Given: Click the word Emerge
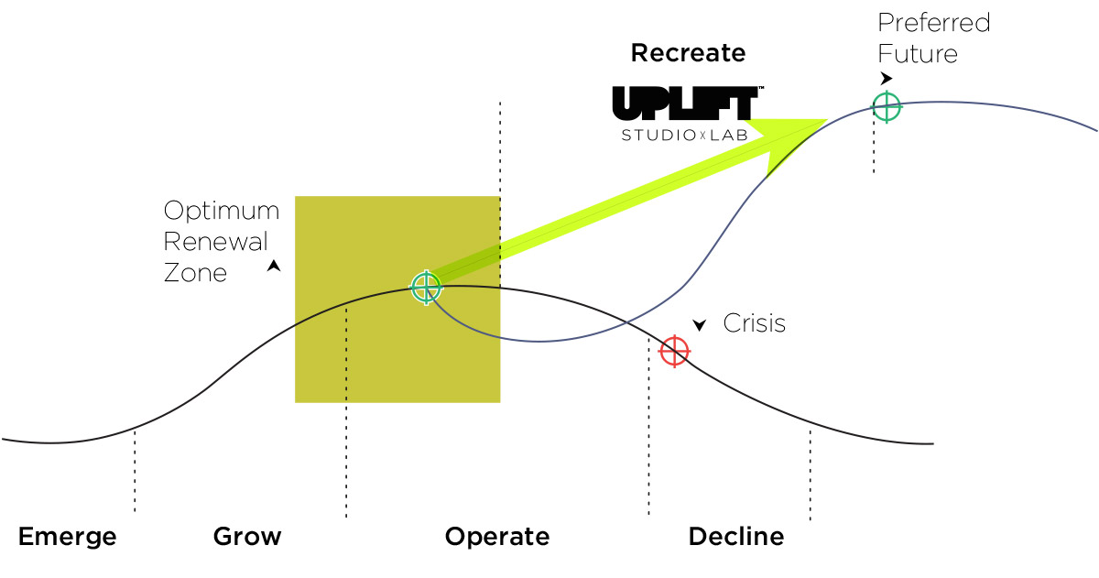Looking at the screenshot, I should [68, 537].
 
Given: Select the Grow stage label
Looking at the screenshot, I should [247, 537].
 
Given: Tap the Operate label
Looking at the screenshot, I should [497, 537].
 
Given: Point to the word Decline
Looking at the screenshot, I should [736, 537].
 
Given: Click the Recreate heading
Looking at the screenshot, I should [688, 53].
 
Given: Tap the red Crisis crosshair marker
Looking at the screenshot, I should [674, 350].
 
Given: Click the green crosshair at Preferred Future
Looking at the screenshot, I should [886, 106].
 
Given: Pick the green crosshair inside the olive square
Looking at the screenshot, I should [426, 288].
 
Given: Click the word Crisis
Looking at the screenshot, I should [755, 323].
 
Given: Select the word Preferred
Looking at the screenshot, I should [934, 23].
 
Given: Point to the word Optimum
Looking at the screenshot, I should [222, 211].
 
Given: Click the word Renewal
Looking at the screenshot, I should [216, 242].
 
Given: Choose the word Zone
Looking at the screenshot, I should [195, 272].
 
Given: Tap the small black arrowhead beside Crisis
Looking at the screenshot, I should [700, 324].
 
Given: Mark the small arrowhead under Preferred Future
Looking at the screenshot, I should [886, 79].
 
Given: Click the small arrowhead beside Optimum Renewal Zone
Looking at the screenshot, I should [273, 267].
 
